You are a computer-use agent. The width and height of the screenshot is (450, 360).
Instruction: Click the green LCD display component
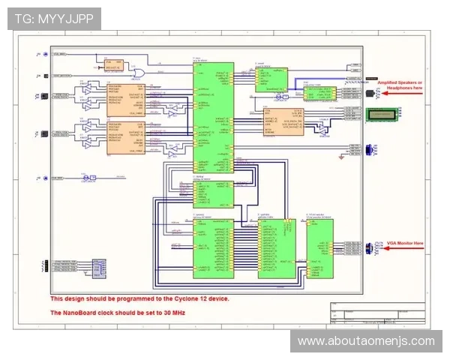coord(383,113)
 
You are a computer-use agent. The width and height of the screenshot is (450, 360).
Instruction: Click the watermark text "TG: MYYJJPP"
coord(54,18)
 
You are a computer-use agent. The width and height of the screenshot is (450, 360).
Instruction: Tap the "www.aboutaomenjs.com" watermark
coord(366,341)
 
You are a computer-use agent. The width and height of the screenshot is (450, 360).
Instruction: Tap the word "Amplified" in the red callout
coord(391,82)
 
